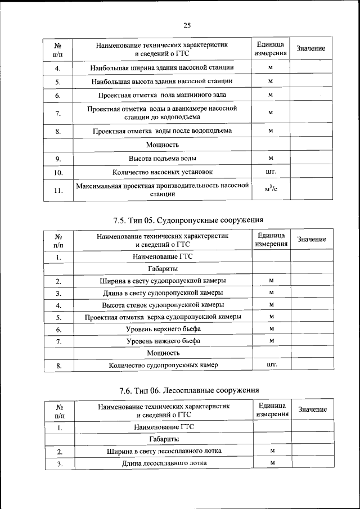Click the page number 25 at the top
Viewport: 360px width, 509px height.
click(x=188, y=25)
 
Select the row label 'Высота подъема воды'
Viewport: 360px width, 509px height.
click(x=163, y=159)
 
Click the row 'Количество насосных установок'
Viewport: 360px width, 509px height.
click(x=163, y=172)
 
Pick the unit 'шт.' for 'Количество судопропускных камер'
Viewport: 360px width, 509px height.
click(x=271, y=365)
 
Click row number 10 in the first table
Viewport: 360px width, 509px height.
click(x=58, y=173)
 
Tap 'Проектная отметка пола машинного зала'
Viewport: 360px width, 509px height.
click(x=163, y=95)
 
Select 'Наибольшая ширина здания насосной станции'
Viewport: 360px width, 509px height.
click(x=163, y=67)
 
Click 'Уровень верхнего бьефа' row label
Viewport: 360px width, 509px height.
click(x=163, y=328)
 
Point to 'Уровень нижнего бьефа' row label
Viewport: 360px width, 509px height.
click(x=163, y=341)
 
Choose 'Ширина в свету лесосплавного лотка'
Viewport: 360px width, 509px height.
click(x=164, y=451)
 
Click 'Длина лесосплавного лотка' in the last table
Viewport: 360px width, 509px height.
click(x=164, y=463)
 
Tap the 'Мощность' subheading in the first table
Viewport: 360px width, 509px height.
click(x=163, y=145)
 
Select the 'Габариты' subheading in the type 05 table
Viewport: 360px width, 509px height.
click(x=163, y=268)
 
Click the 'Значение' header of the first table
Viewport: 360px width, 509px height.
click(x=310, y=49)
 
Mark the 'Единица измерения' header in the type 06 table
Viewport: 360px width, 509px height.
click(x=272, y=409)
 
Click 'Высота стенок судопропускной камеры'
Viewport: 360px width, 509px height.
click(x=163, y=305)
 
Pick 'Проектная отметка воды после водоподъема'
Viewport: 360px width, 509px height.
click(x=163, y=131)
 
